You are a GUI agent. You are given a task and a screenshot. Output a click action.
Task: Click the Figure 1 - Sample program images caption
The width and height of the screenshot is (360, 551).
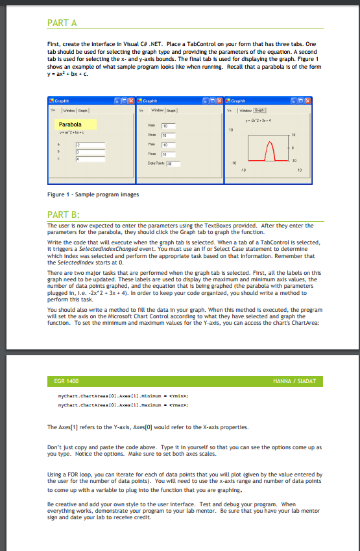93,194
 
